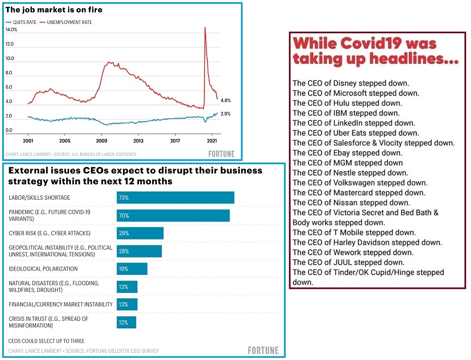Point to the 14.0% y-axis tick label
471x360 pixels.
pyautogui.click(x=12, y=29)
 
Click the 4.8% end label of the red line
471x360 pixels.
pyautogui.click(x=226, y=100)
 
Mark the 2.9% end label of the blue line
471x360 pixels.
pyautogui.click(x=226, y=113)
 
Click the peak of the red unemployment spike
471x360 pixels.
pyautogui.click(x=205, y=28)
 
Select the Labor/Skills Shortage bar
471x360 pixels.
pyautogui.click(x=175, y=197)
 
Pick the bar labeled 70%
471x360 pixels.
pyautogui.click(x=173, y=215)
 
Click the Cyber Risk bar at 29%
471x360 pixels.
pyautogui.click(x=140, y=233)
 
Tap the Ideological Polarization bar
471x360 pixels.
pyautogui.click(x=132, y=269)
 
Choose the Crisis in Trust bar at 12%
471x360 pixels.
pyautogui.click(x=126, y=322)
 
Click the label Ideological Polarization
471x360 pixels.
pyautogui.click(x=43, y=269)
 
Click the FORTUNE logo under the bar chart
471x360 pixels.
pyautogui.click(x=263, y=350)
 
